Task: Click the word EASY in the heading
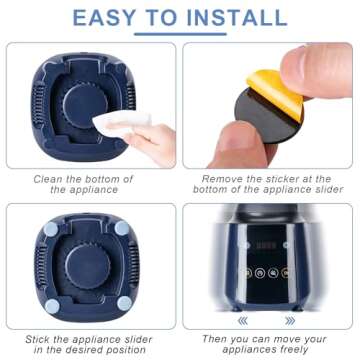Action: [104, 18]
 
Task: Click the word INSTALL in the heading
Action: [237, 18]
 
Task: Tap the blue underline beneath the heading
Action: [180, 34]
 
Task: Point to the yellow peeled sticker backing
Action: [274, 93]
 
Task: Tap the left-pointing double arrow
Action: [243, 321]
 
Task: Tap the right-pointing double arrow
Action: [290, 321]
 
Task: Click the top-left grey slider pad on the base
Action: [51, 229]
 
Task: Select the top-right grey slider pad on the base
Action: [122, 228]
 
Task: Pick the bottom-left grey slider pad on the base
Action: [52, 306]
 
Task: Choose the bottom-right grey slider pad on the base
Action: [124, 303]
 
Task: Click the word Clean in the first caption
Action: [48, 179]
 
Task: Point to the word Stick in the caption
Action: [36, 339]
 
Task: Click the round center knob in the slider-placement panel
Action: [88, 267]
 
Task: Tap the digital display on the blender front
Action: [267, 246]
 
